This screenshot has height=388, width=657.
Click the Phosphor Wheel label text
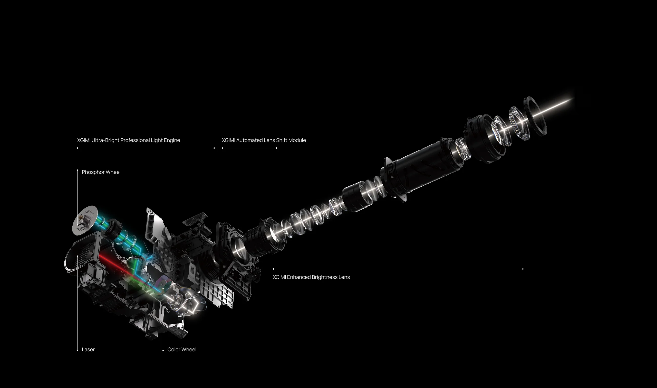pos(101,172)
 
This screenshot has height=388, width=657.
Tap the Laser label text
pos(88,349)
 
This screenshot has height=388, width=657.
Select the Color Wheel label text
pos(182,349)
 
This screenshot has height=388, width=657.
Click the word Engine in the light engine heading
pos(172,140)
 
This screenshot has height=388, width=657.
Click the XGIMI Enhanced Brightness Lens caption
pos(311,277)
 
